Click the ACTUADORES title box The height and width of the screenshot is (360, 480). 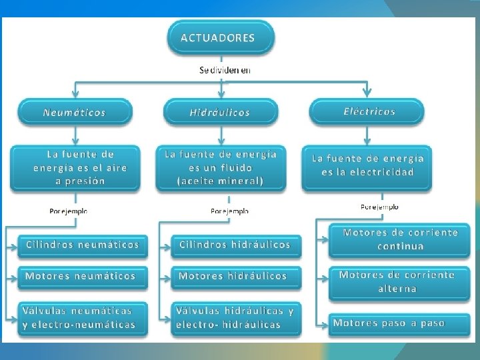point(218,37)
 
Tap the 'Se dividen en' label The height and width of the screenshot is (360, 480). point(225,70)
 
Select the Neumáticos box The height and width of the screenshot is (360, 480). point(74,112)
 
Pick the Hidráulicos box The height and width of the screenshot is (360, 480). point(219,112)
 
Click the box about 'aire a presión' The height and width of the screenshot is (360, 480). point(75,167)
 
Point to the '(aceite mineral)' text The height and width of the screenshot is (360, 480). point(221,181)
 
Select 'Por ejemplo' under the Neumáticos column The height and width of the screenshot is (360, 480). point(68,211)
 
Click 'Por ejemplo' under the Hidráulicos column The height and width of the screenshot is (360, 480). point(229,211)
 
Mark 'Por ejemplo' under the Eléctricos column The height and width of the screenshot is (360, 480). point(379,207)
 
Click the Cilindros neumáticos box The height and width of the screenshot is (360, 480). point(83,245)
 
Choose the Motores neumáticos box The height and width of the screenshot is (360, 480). point(81,276)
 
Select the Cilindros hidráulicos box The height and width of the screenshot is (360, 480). point(235,245)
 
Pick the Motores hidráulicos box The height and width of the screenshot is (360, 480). point(233,276)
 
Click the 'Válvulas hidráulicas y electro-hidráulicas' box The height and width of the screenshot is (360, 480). point(235,317)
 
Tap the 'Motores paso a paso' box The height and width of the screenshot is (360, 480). point(389,323)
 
